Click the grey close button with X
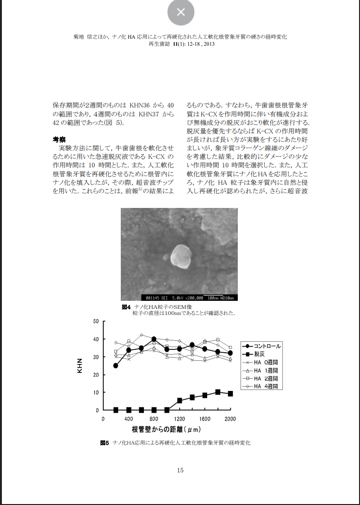tap(181, 12)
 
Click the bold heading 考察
tap(59, 140)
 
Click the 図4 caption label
tap(126, 307)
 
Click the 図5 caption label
tap(104, 443)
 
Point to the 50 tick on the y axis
tap(96, 322)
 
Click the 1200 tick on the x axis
tap(179, 419)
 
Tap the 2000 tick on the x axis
tap(230, 419)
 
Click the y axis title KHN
tap(80, 365)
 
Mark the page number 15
tap(180, 470)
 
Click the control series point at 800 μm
tap(154, 339)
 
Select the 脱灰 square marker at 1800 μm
tap(218, 392)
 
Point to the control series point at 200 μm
tap(116, 365)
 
